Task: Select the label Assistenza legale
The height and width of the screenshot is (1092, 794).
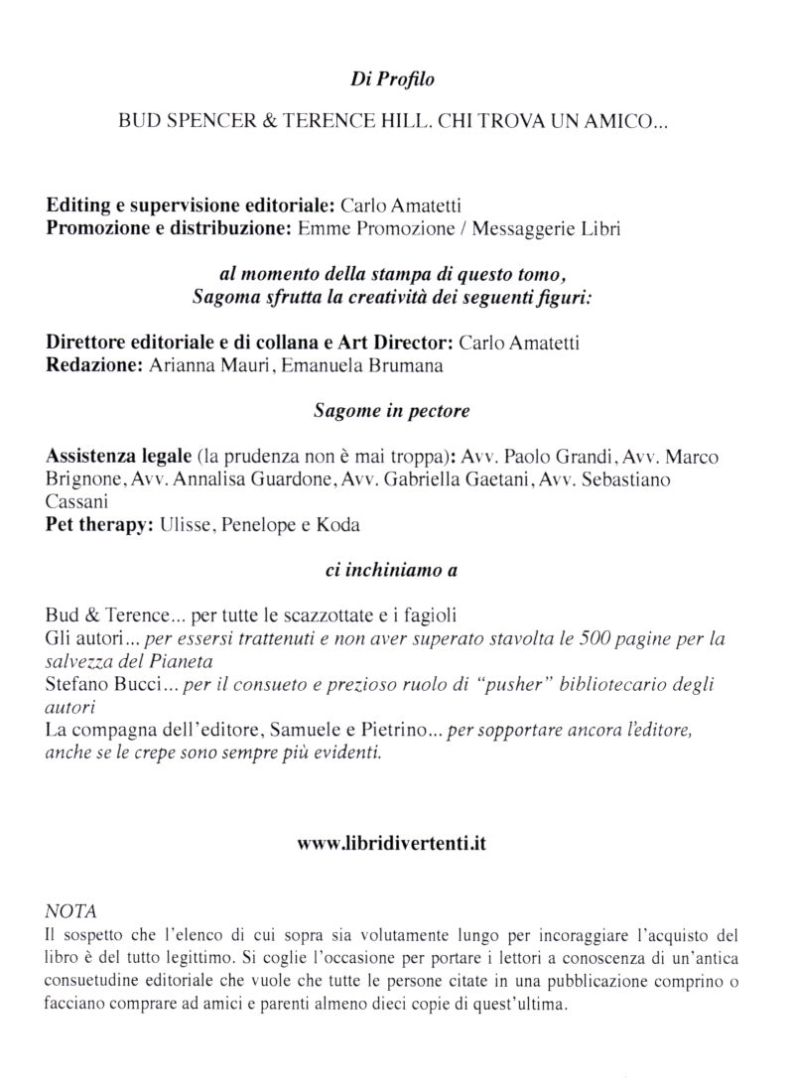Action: [x=118, y=458]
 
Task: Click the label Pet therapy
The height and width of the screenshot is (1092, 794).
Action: [x=98, y=526]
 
